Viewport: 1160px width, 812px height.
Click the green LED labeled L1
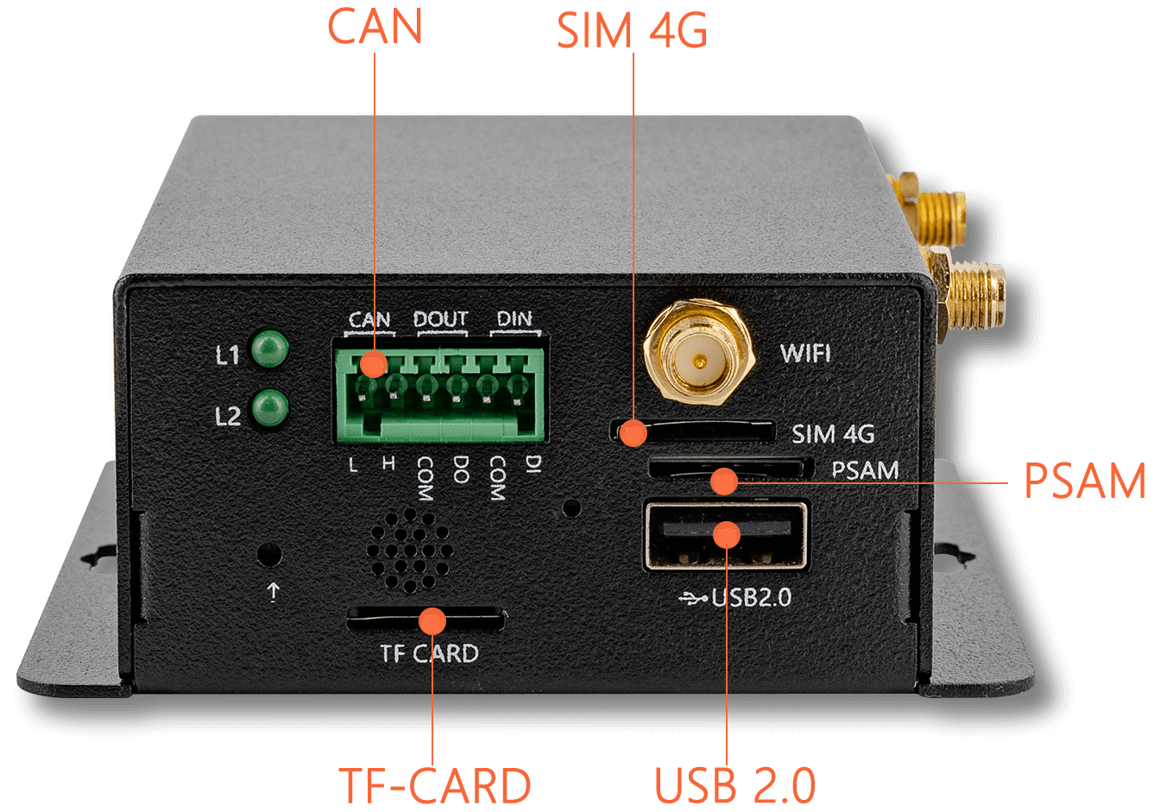tap(270, 349)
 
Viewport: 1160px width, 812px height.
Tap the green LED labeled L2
tap(270, 409)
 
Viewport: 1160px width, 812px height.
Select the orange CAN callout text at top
tap(375, 26)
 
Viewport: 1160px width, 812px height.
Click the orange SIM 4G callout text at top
tap(632, 30)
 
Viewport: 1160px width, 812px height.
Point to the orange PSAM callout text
tap(1084, 481)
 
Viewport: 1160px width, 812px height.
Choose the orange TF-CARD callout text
tap(434, 784)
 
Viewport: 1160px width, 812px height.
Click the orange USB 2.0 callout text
tap(734, 784)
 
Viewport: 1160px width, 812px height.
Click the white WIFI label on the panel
tap(805, 353)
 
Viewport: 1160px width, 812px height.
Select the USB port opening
tap(727, 535)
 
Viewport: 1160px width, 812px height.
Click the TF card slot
tap(426, 619)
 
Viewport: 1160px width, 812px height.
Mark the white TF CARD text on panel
tap(429, 653)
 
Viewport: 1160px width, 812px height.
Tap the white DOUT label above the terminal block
tap(441, 319)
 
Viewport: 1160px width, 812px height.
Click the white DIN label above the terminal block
tap(514, 318)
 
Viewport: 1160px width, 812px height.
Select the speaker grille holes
tap(410, 551)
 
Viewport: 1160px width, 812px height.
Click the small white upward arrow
tap(273, 592)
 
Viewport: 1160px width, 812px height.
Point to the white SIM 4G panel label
tap(833, 434)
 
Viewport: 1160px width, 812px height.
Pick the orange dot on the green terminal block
tap(374, 364)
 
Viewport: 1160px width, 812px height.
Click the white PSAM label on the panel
tap(865, 470)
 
